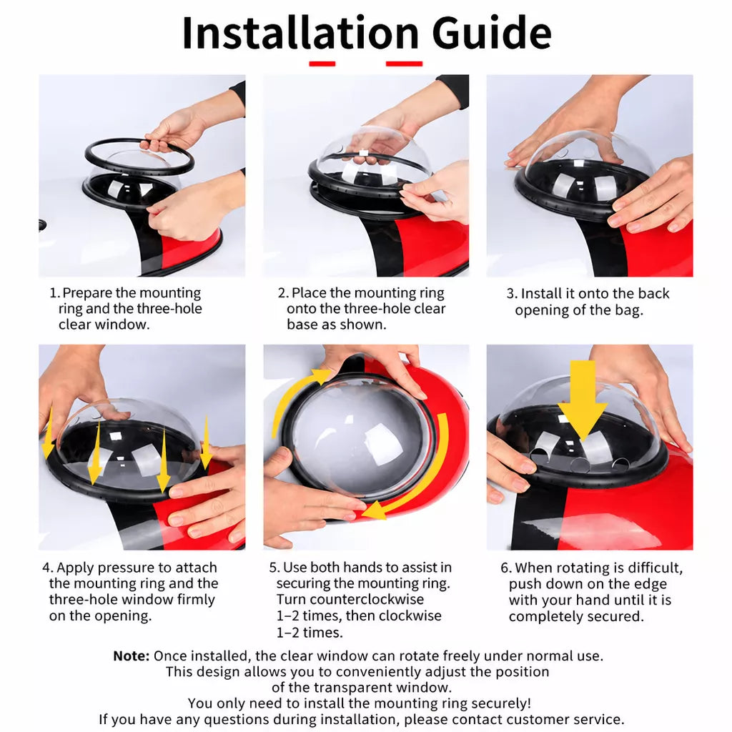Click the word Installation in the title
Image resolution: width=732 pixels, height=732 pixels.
coord(301,33)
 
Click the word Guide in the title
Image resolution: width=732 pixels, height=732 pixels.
coord(492,33)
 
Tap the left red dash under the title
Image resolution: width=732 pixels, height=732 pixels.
coord(322,64)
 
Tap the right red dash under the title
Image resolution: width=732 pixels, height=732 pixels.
coord(405,64)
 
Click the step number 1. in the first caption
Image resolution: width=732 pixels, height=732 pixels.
coord(54,293)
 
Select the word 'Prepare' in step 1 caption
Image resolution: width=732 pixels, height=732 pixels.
coord(86,294)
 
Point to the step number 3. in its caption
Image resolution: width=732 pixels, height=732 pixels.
coord(512,294)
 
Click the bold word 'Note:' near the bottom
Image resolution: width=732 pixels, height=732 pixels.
coord(132,656)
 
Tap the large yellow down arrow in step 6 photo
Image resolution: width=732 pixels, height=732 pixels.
coord(582,400)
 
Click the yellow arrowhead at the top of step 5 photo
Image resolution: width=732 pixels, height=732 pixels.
coord(322,376)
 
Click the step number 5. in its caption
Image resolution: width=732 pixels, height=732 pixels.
coord(274,568)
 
